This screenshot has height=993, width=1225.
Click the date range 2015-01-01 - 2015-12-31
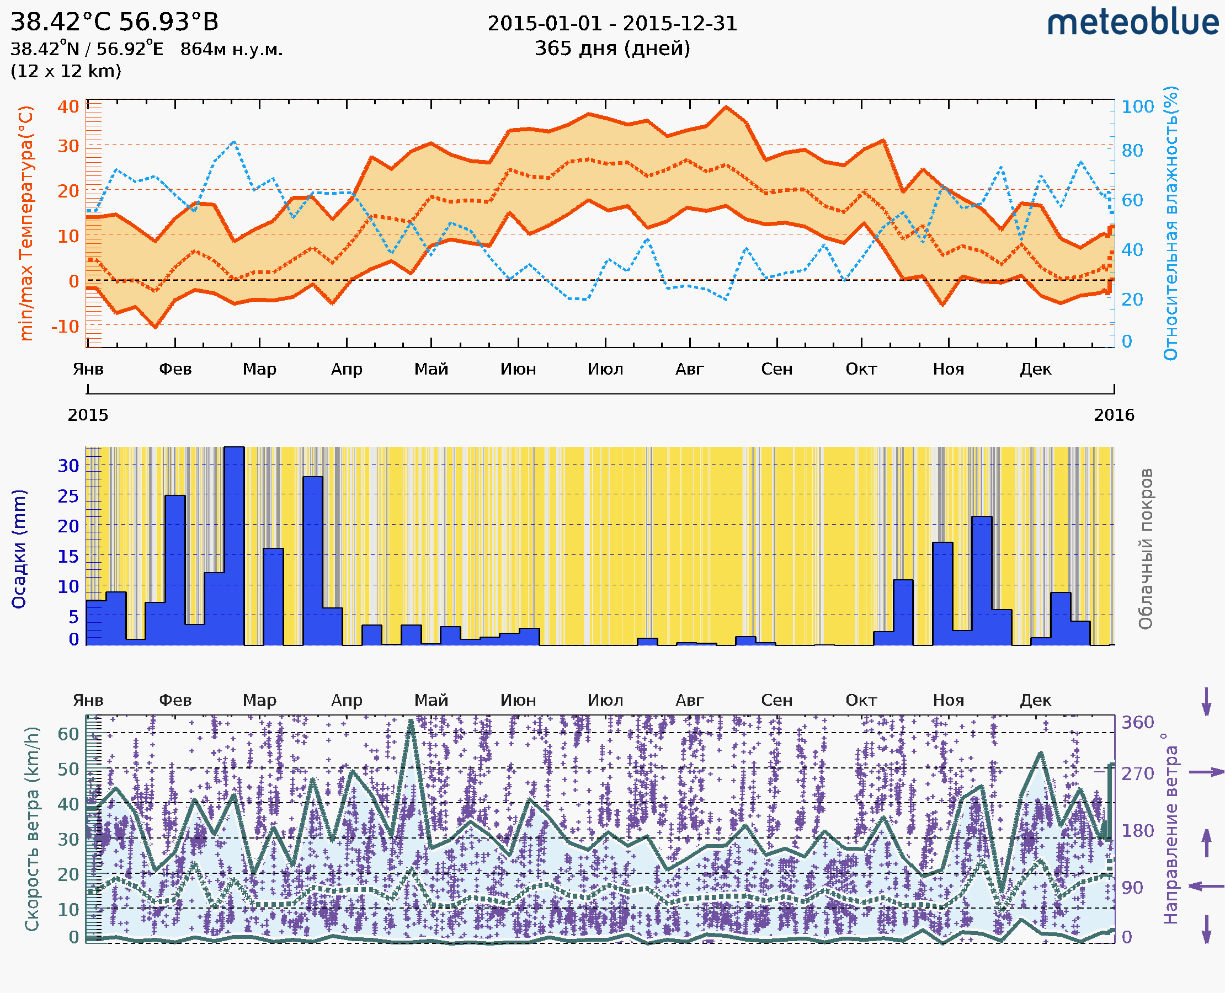[612, 24]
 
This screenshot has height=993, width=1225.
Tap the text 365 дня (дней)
[612, 48]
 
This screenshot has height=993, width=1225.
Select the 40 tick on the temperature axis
[68, 107]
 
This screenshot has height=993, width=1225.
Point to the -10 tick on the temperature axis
[65, 327]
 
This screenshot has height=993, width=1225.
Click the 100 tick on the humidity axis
[1137, 107]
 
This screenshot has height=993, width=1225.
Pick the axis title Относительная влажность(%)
[1170, 223]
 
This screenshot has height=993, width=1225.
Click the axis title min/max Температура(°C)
[26, 223]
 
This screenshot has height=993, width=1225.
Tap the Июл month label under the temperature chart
[605, 369]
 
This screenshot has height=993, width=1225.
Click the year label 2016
[1114, 415]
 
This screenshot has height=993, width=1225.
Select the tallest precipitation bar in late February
[234, 546]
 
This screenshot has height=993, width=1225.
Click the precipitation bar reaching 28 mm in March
[312, 560]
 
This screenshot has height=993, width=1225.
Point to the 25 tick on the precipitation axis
[68, 496]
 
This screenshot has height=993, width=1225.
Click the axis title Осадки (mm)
[19, 549]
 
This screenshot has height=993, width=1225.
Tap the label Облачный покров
[1146, 549]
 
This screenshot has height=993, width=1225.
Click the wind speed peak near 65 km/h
[411, 722]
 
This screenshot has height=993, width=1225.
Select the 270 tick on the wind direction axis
[1137, 774]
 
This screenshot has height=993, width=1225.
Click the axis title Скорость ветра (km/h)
[32, 829]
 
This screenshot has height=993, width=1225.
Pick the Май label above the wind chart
[431, 701]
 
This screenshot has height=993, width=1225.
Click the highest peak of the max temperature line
[726, 107]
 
